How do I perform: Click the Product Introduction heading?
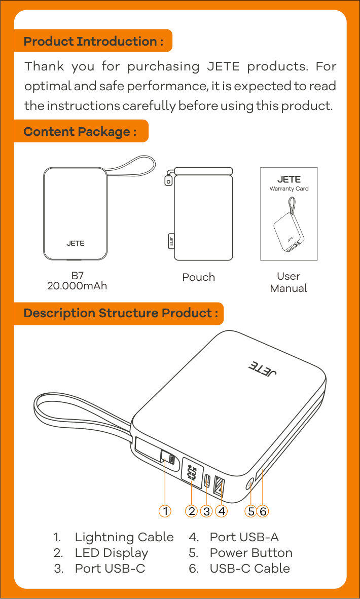pos(93,41)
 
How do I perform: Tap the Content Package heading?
pos(80,132)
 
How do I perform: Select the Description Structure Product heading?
pos(121,313)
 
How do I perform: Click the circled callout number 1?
pos(165,511)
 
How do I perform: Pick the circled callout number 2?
pos(192,511)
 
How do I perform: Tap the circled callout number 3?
pos(206,511)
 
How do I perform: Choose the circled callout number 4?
pos(221,511)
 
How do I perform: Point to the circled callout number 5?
pos(250,511)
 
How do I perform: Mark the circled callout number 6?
pos(263,511)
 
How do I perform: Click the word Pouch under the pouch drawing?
pos(198,277)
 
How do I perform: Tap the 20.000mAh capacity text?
pos(77,285)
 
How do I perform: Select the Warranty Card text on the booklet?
pos(289,189)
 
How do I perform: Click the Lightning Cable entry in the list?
pos(124,537)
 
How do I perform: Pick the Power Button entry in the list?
pos(251,553)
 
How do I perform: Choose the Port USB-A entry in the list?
pos(244,537)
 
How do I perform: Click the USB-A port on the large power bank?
pos(220,486)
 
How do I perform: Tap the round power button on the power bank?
pos(250,485)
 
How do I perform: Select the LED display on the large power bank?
pos(192,472)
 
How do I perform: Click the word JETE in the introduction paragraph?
pos(223,66)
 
